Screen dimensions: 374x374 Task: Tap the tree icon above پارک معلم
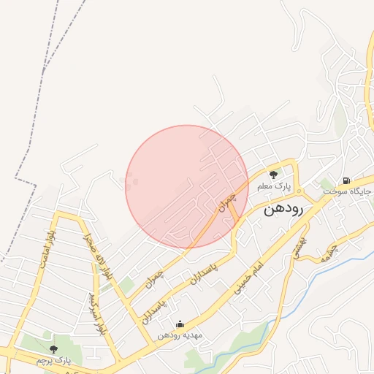[x=273, y=175]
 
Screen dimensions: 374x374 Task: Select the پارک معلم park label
[x=273, y=187]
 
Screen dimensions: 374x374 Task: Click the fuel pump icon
[x=346, y=180]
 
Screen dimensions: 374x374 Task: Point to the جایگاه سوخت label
[x=348, y=191]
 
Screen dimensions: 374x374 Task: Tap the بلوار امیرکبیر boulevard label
[x=93, y=313]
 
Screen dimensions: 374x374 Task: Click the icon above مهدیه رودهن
[x=180, y=324]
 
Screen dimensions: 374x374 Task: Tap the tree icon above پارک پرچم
[x=53, y=348]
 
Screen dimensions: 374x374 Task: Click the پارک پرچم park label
[x=53, y=361]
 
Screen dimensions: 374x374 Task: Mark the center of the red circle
[x=187, y=186]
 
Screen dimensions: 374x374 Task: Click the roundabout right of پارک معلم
[x=298, y=191]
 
